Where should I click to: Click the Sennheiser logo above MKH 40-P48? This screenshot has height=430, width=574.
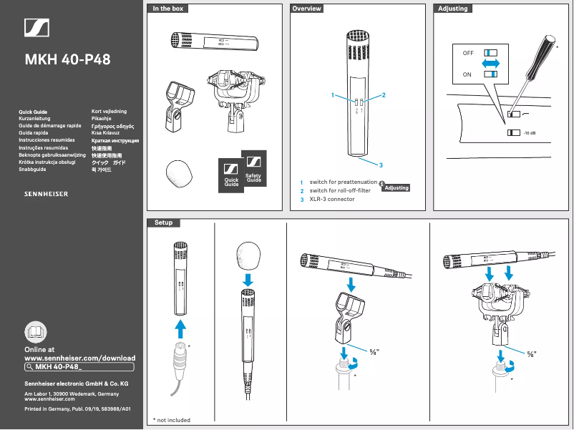click(x=36, y=28)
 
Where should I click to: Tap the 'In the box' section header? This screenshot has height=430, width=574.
click(x=168, y=9)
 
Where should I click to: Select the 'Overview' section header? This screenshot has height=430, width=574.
click(x=307, y=9)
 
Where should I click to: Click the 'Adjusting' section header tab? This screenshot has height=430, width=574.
click(x=452, y=9)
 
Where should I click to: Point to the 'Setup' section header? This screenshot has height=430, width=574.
click(x=164, y=223)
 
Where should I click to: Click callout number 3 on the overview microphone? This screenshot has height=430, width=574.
click(x=381, y=165)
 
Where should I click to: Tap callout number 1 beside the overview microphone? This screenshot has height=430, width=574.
click(x=333, y=95)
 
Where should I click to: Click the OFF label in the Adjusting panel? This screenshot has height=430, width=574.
click(x=468, y=54)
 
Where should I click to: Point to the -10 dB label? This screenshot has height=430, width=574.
click(x=530, y=133)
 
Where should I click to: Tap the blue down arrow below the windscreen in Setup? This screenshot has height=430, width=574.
click(x=248, y=278)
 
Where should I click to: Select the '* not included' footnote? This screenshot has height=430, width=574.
click(x=172, y=420)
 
